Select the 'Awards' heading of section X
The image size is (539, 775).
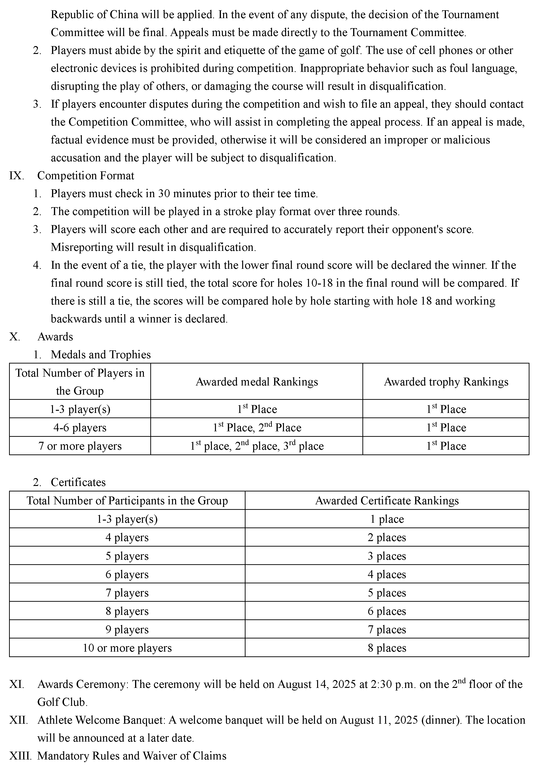coord(55,337)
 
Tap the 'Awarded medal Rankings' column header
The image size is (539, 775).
coord(256,381)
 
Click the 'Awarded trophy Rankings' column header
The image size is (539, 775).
coord(446,381)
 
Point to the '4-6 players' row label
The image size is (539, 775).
coord(80,428)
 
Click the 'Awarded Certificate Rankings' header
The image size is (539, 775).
coord(387,500)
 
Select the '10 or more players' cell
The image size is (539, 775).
coord(127,648)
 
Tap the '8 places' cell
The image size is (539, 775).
coord(387,648)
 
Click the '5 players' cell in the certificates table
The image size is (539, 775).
coord(127,556)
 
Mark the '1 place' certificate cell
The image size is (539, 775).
coord(387,519)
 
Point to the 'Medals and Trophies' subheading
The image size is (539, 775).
coord(101,354)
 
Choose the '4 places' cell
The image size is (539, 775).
coord(387,574)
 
